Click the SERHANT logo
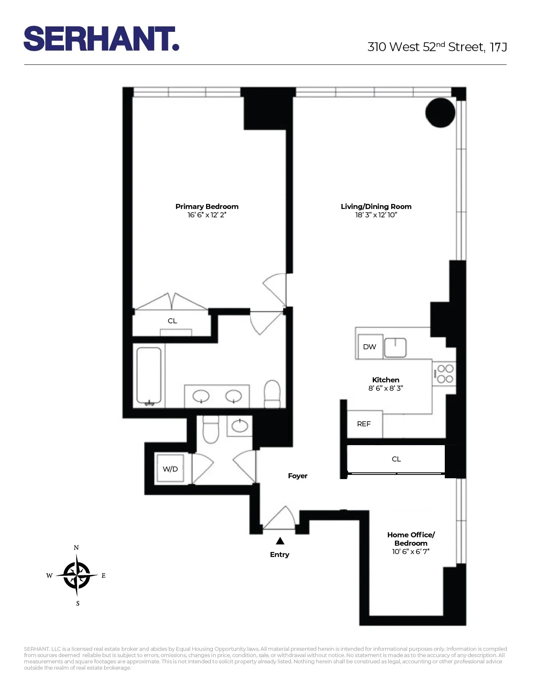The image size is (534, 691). point(101,39)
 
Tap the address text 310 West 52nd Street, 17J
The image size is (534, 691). point(437,47)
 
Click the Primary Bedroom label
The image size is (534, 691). point(207,206)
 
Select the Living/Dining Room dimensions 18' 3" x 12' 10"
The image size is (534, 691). point(376,215)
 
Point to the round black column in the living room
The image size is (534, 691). point(440,113)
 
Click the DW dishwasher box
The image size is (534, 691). point(369,347)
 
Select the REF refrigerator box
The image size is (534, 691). point(364,424)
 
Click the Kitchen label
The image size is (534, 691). point(386,380)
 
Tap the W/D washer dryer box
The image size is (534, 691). point(170,469)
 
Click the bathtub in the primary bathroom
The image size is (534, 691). point(149,376)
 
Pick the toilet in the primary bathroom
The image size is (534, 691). point(272,394)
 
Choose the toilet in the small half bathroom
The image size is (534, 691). point(211,430)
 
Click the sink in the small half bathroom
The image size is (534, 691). point(240,426)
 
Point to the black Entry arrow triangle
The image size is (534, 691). point(280,541)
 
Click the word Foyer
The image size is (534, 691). point(298,476)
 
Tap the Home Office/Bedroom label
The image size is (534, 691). point(411,539)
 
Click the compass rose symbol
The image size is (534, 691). point(77,575)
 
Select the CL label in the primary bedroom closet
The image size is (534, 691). point(172,321)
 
